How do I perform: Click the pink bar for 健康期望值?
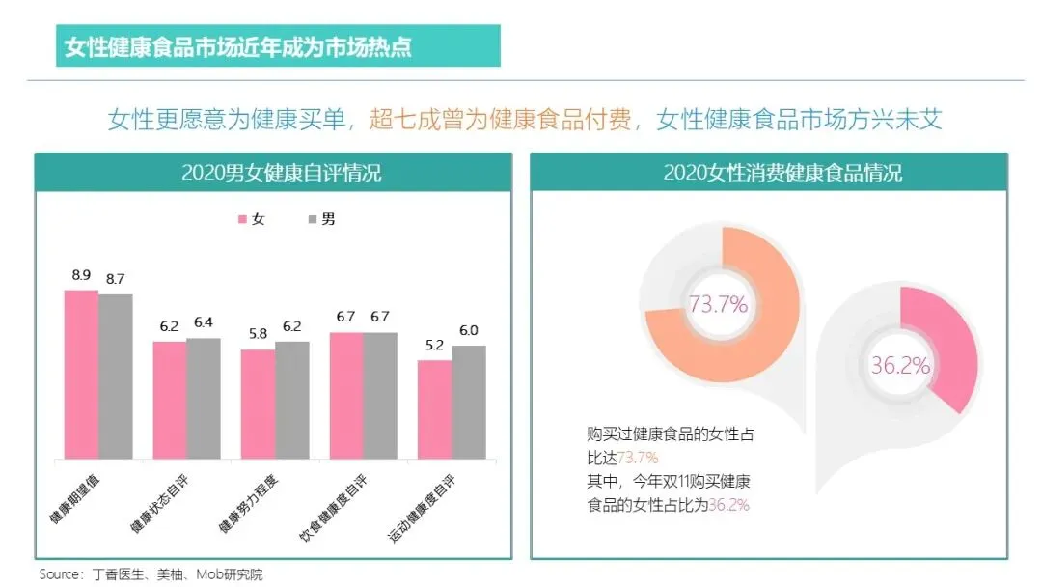point(81,375)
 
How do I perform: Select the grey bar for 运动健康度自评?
point(469,403)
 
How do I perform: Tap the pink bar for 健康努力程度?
point(258,405)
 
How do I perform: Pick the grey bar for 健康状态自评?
point(204,398)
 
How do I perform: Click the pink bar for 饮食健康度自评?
point(346,396)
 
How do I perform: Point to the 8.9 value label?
point(81,275)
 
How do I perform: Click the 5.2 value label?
point(434,345)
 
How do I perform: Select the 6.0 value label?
point(469,330)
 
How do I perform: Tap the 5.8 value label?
point(258,334)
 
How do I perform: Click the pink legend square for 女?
point(242,219)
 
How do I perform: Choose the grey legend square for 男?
point(313,219)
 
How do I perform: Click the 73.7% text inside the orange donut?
point(718,304)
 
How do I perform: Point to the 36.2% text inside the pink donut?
point(900,365)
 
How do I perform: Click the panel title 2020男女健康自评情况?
point(281,173)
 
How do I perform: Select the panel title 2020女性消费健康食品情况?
point(782,173)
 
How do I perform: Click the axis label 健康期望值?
point(74,499)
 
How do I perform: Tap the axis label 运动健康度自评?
point(422,509)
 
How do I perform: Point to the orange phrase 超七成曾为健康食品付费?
point(501,120)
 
